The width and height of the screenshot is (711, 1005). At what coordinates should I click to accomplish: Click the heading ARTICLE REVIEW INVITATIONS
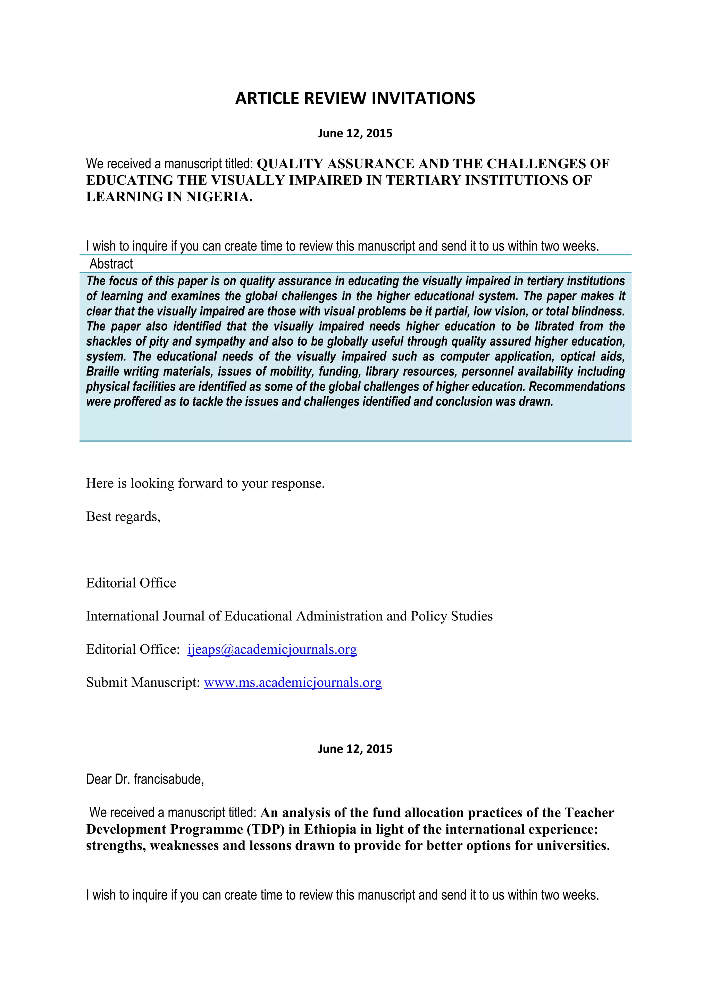pos(355,98)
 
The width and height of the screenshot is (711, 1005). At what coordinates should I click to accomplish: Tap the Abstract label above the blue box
pos(111,264)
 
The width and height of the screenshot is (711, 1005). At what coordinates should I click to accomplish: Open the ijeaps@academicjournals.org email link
pos(272,649)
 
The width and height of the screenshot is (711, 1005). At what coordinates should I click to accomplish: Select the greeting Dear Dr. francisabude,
pos(145,779)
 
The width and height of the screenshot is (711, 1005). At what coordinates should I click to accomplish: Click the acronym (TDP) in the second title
pos(263,829)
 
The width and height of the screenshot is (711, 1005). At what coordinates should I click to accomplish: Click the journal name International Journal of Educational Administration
pos(289,616)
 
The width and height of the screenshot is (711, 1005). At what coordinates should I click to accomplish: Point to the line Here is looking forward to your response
pos(205,483)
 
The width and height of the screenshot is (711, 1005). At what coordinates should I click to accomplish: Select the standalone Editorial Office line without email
pos(131,583)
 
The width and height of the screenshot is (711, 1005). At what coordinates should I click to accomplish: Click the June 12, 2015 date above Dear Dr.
pos(355,749)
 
